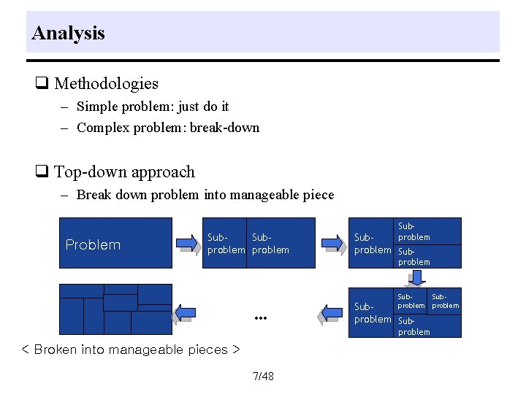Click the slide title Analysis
click(69, 33)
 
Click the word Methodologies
click(106, 84)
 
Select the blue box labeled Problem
click(115, 244)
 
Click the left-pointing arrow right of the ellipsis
click(331, 314)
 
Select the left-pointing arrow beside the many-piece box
click(183, 314)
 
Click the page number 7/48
click(262, 376)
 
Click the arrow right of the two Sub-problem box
click(332, 243)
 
